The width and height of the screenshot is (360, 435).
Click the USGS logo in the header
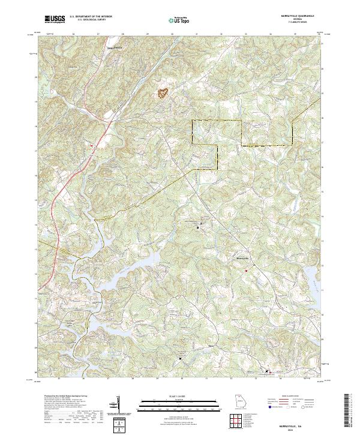point(55,19)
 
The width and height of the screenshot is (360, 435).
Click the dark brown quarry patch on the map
point(163,93)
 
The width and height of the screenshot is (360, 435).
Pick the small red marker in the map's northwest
point(91,145)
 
